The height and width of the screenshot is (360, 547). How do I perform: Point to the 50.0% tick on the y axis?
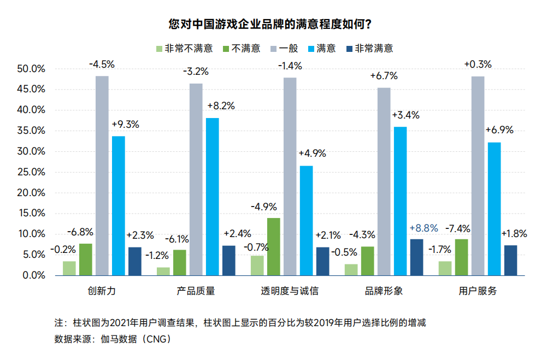click(x=31, y=69)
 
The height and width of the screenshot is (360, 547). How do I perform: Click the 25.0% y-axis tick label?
click(x=31, y=172)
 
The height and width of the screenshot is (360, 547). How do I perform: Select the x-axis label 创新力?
click(x=102, y=291)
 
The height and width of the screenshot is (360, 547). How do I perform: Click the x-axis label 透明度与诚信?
click(x=290, y=291)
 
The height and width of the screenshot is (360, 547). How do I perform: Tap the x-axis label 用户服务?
click(x=478, y=291)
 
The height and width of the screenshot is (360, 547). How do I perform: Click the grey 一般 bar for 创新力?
click(x=102, y=175)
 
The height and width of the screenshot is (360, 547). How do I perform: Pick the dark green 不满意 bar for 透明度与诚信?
click(x=274, y=246)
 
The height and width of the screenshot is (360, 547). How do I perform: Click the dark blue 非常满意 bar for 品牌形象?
click(x=416, y=257)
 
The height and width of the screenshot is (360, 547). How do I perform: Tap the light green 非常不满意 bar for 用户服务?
click(x=445, y=268)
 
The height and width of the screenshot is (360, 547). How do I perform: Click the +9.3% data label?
click(x=125, y=124)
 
